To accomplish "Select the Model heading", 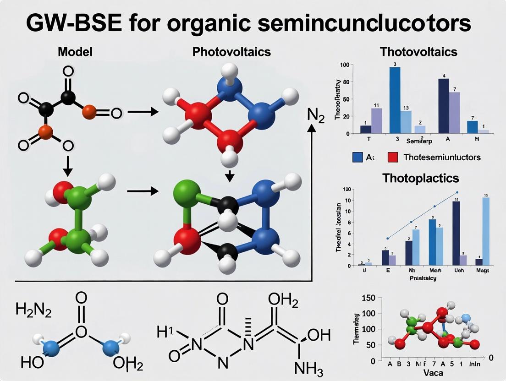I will tap(75, 52).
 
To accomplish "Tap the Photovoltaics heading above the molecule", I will tap(231, 52).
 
